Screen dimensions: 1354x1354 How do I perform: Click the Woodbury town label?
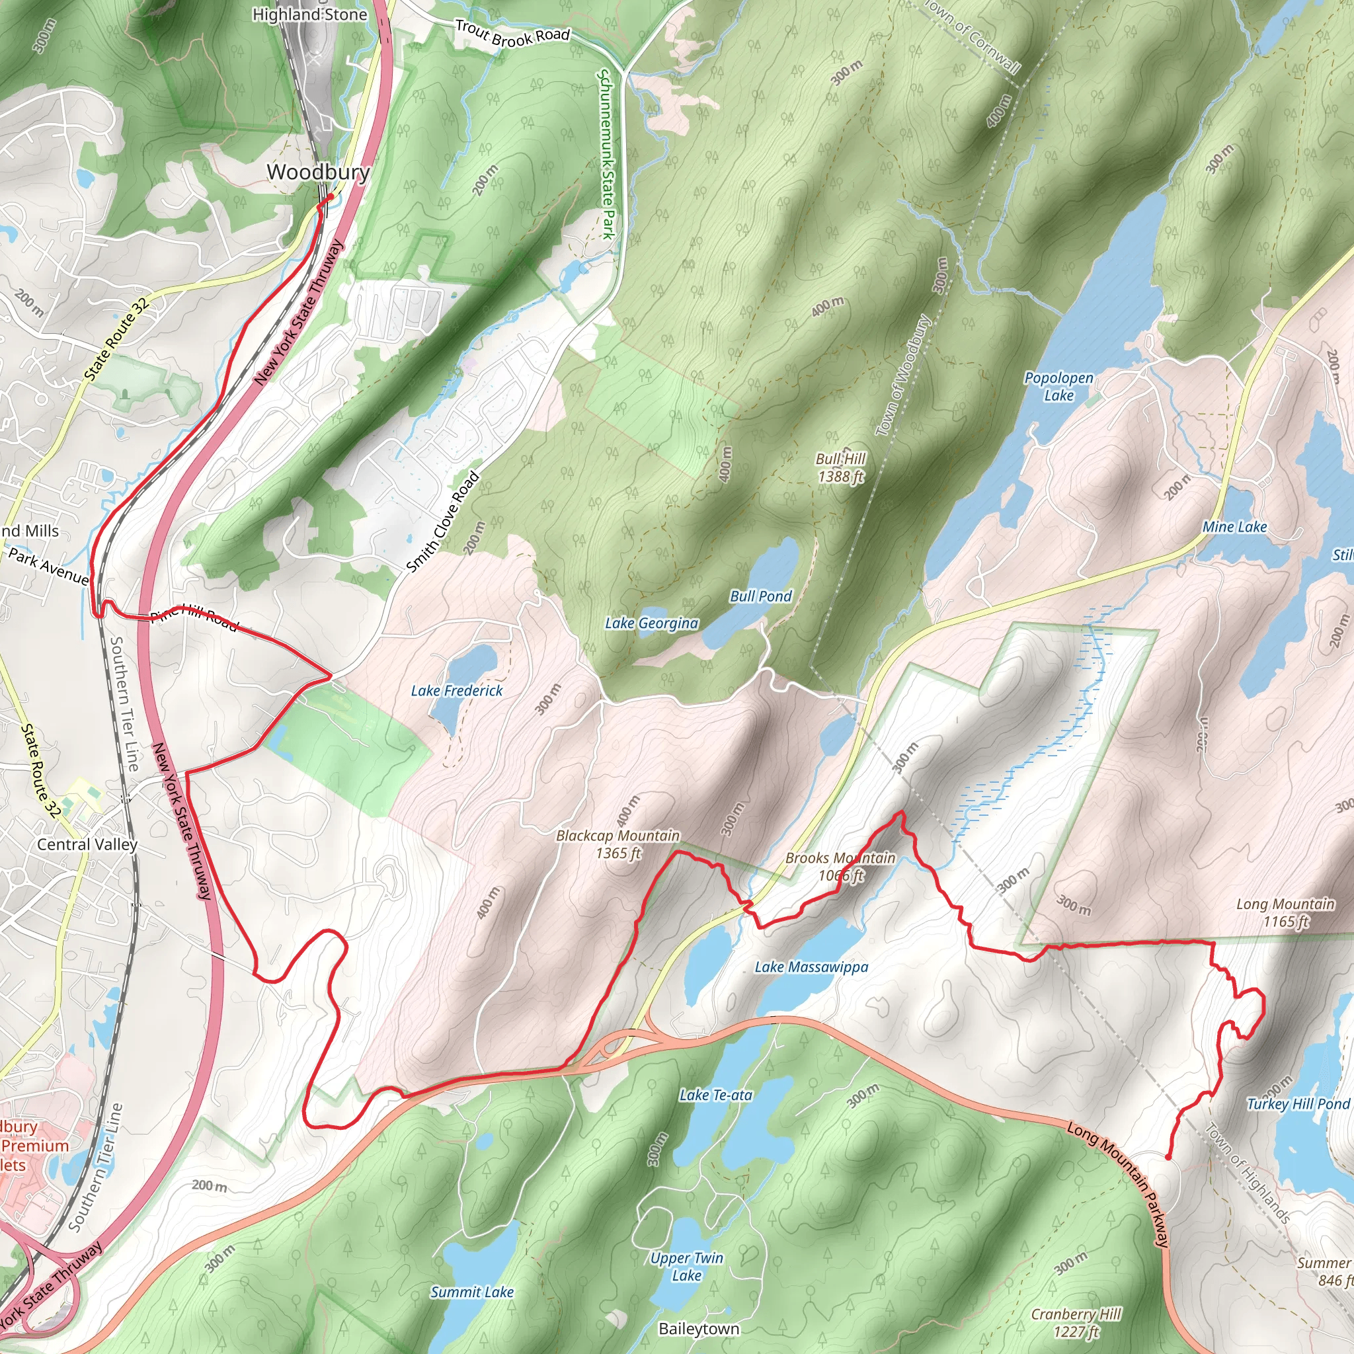(318, 172)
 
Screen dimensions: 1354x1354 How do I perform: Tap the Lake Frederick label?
(456, 690)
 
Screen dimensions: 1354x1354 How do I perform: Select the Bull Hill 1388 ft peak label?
(840, 467)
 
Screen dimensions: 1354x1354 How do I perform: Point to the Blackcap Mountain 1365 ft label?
(617, 844)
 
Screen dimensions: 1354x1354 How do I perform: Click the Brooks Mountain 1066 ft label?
(840, 866)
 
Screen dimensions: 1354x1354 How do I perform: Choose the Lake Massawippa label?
(811, 967)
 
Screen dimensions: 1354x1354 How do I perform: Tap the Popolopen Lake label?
(1058, 386)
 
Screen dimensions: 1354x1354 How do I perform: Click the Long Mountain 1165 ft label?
(1285, 912)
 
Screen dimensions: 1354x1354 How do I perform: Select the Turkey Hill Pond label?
(1298, 1104)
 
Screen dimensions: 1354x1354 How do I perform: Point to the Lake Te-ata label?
(715, 1095)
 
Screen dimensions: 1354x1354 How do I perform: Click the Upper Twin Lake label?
(686, 1265)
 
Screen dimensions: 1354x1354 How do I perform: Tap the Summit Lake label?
(471, 1292)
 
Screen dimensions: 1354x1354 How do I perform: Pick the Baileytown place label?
(699, 1329)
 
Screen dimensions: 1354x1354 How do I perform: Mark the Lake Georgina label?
(652, 623)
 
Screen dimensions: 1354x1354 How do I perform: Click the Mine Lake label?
(1234, 527)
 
